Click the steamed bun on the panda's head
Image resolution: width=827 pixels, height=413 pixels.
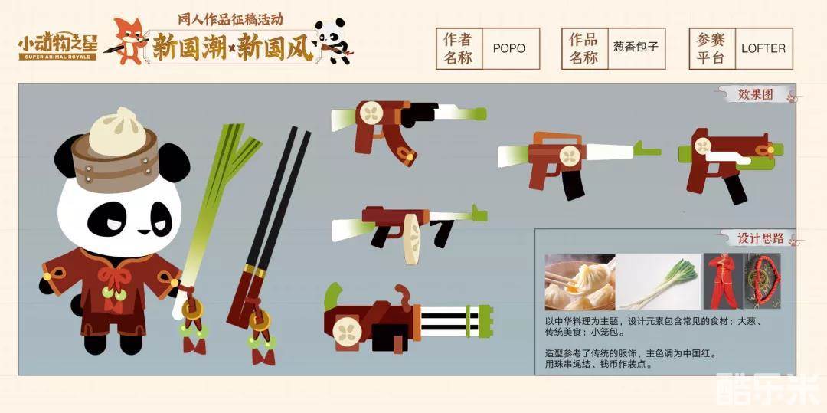pos(117,132)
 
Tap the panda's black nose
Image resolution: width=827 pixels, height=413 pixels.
pos(143,231)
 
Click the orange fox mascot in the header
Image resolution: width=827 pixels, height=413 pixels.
pos(129,41)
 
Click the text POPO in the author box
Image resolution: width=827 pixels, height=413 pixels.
pos(509,48)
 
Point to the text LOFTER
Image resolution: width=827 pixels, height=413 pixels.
pos(763,48)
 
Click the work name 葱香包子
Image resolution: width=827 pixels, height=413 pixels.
pos(636,47)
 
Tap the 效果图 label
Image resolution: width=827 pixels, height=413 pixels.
pos(755,94)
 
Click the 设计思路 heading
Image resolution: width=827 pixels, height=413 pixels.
pos(760,238)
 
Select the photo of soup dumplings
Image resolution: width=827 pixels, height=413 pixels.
pos(580,282)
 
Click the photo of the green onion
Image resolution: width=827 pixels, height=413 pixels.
pos(659,282)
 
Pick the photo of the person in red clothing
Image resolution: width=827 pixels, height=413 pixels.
pos(722,281)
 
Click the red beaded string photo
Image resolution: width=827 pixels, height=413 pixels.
pos(762,281)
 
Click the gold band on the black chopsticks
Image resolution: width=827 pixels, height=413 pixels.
pos(255,271)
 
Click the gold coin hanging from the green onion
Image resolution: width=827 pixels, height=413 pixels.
pos(192,310)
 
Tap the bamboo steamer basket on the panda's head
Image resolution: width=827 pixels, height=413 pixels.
pos(115,161)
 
